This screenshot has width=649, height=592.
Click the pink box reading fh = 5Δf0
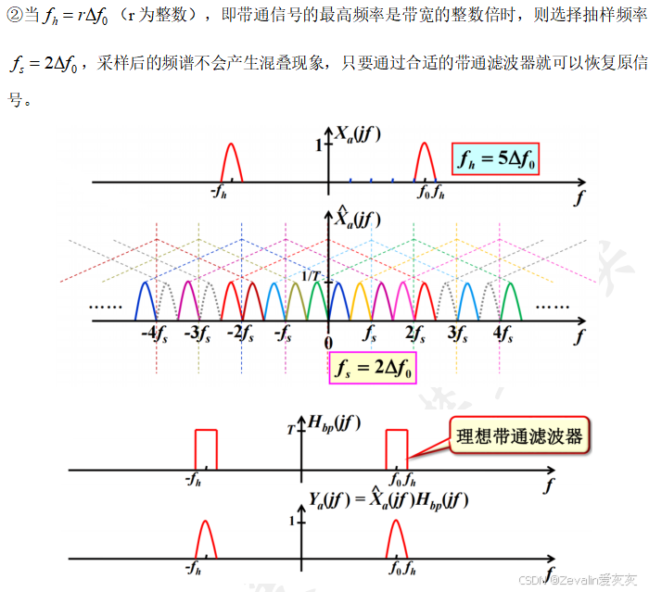[496, 159]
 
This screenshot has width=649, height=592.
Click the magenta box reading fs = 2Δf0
[374, 369]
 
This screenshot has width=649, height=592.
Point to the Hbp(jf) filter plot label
[337, 425]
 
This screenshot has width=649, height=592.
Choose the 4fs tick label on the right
[506, 333]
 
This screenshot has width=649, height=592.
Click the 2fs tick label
[414, 333]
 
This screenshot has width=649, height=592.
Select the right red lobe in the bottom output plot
[396, 539]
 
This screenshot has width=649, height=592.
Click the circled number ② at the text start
[15, 18]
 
